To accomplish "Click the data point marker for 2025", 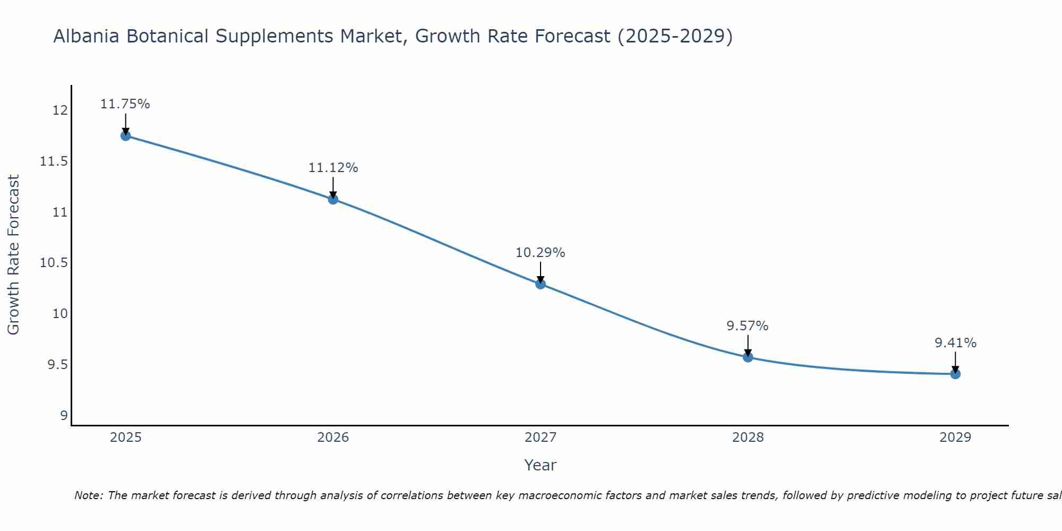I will (x=125, y=135).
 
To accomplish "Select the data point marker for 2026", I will (x=333, y=199).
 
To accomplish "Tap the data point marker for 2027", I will (x=541, y=284).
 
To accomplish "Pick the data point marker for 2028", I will (x=748, y=357).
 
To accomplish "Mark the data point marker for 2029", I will (x=955, y=374).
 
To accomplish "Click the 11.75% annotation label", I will (x=125, y=104).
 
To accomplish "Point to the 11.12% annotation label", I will (x=333, y=168).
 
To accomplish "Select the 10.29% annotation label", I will (x=541, y=253).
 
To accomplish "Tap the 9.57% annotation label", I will (x=748, y=326).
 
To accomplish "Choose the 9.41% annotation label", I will (x=955, y=343).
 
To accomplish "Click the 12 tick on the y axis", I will (x=60, y=110).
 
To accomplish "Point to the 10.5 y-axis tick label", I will (x=54, y=263).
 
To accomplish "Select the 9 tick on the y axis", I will (x=64, y=415).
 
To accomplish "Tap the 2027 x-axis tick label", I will (x=541, y=438).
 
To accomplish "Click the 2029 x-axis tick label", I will (x=955, y=438).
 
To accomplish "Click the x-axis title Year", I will (x=541, y=465).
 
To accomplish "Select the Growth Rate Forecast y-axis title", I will (x=13, y=255).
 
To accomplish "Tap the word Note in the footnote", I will (x=88, y=495).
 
